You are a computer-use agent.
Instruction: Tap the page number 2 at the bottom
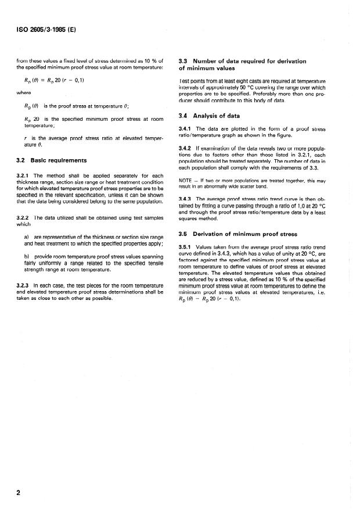click(x=19, y=493)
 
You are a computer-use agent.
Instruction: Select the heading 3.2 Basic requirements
click(x=53, y=159)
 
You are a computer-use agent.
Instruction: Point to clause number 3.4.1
click(x=188, y=128)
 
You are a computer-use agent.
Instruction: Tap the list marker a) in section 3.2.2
click(x=27, y=238)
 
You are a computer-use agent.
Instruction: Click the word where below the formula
click(x=24, y=92)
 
